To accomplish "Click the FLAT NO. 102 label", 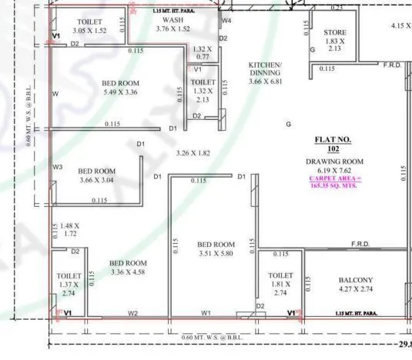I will click(x=333, y=144).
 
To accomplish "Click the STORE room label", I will click(x=335, y=32).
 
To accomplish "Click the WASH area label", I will click(x=173, y=19).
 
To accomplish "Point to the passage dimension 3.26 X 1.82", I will click(x=193, y=153).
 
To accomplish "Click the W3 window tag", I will click(x=58, y=166).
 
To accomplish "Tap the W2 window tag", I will click(x=132, y=313).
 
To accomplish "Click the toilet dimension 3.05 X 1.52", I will click(x=89, y=30).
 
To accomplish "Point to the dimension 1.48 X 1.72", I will click(x=69, y=228).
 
